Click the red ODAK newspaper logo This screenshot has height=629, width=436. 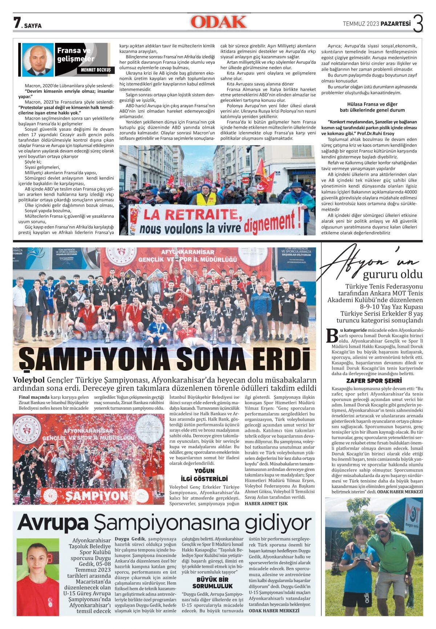pyautogui.click(x=218, y=22)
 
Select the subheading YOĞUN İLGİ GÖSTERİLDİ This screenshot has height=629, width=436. pyautogui.click(x=204, y=475)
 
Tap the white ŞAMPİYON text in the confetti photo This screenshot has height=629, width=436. pyautogui.click(x=92, y=496)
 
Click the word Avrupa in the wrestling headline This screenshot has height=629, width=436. pyautogui.click(x=53, y=523)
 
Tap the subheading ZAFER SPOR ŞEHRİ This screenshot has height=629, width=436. pyautogui.click(x=374, y=381)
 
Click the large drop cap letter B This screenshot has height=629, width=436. pyautogui.click(x=332, y=335)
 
